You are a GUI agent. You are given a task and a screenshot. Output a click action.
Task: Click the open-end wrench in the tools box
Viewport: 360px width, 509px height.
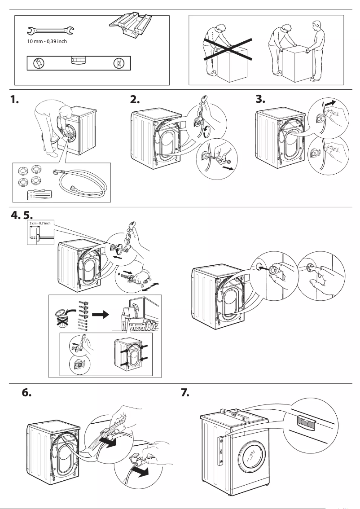pos(50,31)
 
